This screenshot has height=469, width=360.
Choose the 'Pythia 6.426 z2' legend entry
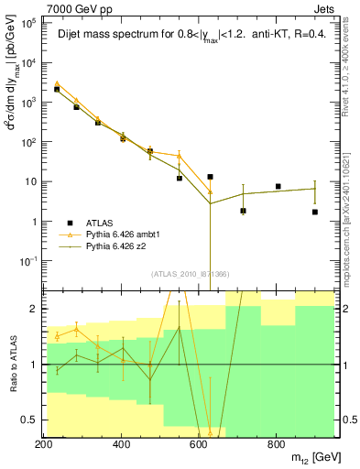(x=119, y=246)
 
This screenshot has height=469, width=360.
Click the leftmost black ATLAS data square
(x=57, y=89)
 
